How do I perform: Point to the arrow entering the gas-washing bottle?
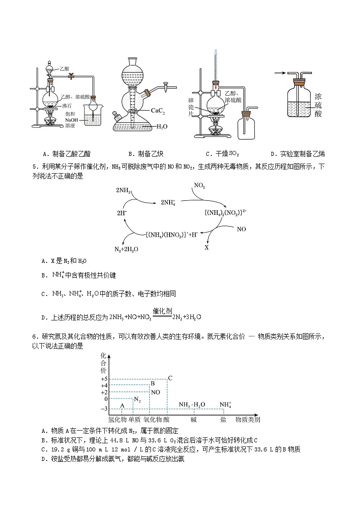coord(280,72)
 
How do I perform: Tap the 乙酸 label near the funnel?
coord(64,68)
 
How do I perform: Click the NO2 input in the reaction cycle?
coord(199,185)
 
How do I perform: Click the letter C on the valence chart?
coord(170,378)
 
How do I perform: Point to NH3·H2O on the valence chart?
coord(192,404)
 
